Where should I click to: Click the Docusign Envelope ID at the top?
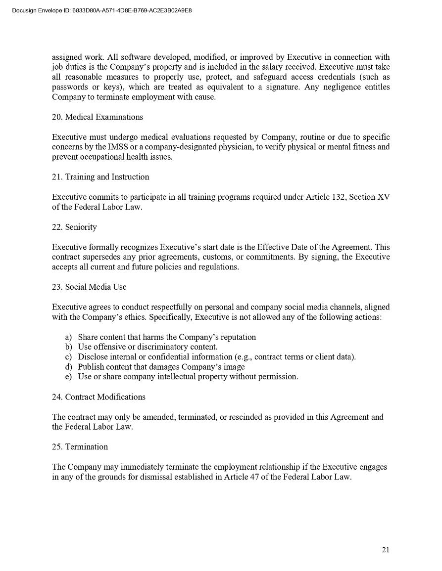101,10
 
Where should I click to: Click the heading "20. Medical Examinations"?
98,117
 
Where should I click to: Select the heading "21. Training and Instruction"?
100,177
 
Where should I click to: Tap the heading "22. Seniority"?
74,227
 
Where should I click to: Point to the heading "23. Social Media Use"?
89,287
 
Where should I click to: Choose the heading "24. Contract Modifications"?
98,397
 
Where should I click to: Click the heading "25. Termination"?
80,447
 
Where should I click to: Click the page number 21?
386,550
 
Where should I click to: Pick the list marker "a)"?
68,337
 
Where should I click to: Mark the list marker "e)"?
68,377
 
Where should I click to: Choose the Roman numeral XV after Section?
384,197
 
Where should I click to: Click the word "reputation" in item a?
237,337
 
